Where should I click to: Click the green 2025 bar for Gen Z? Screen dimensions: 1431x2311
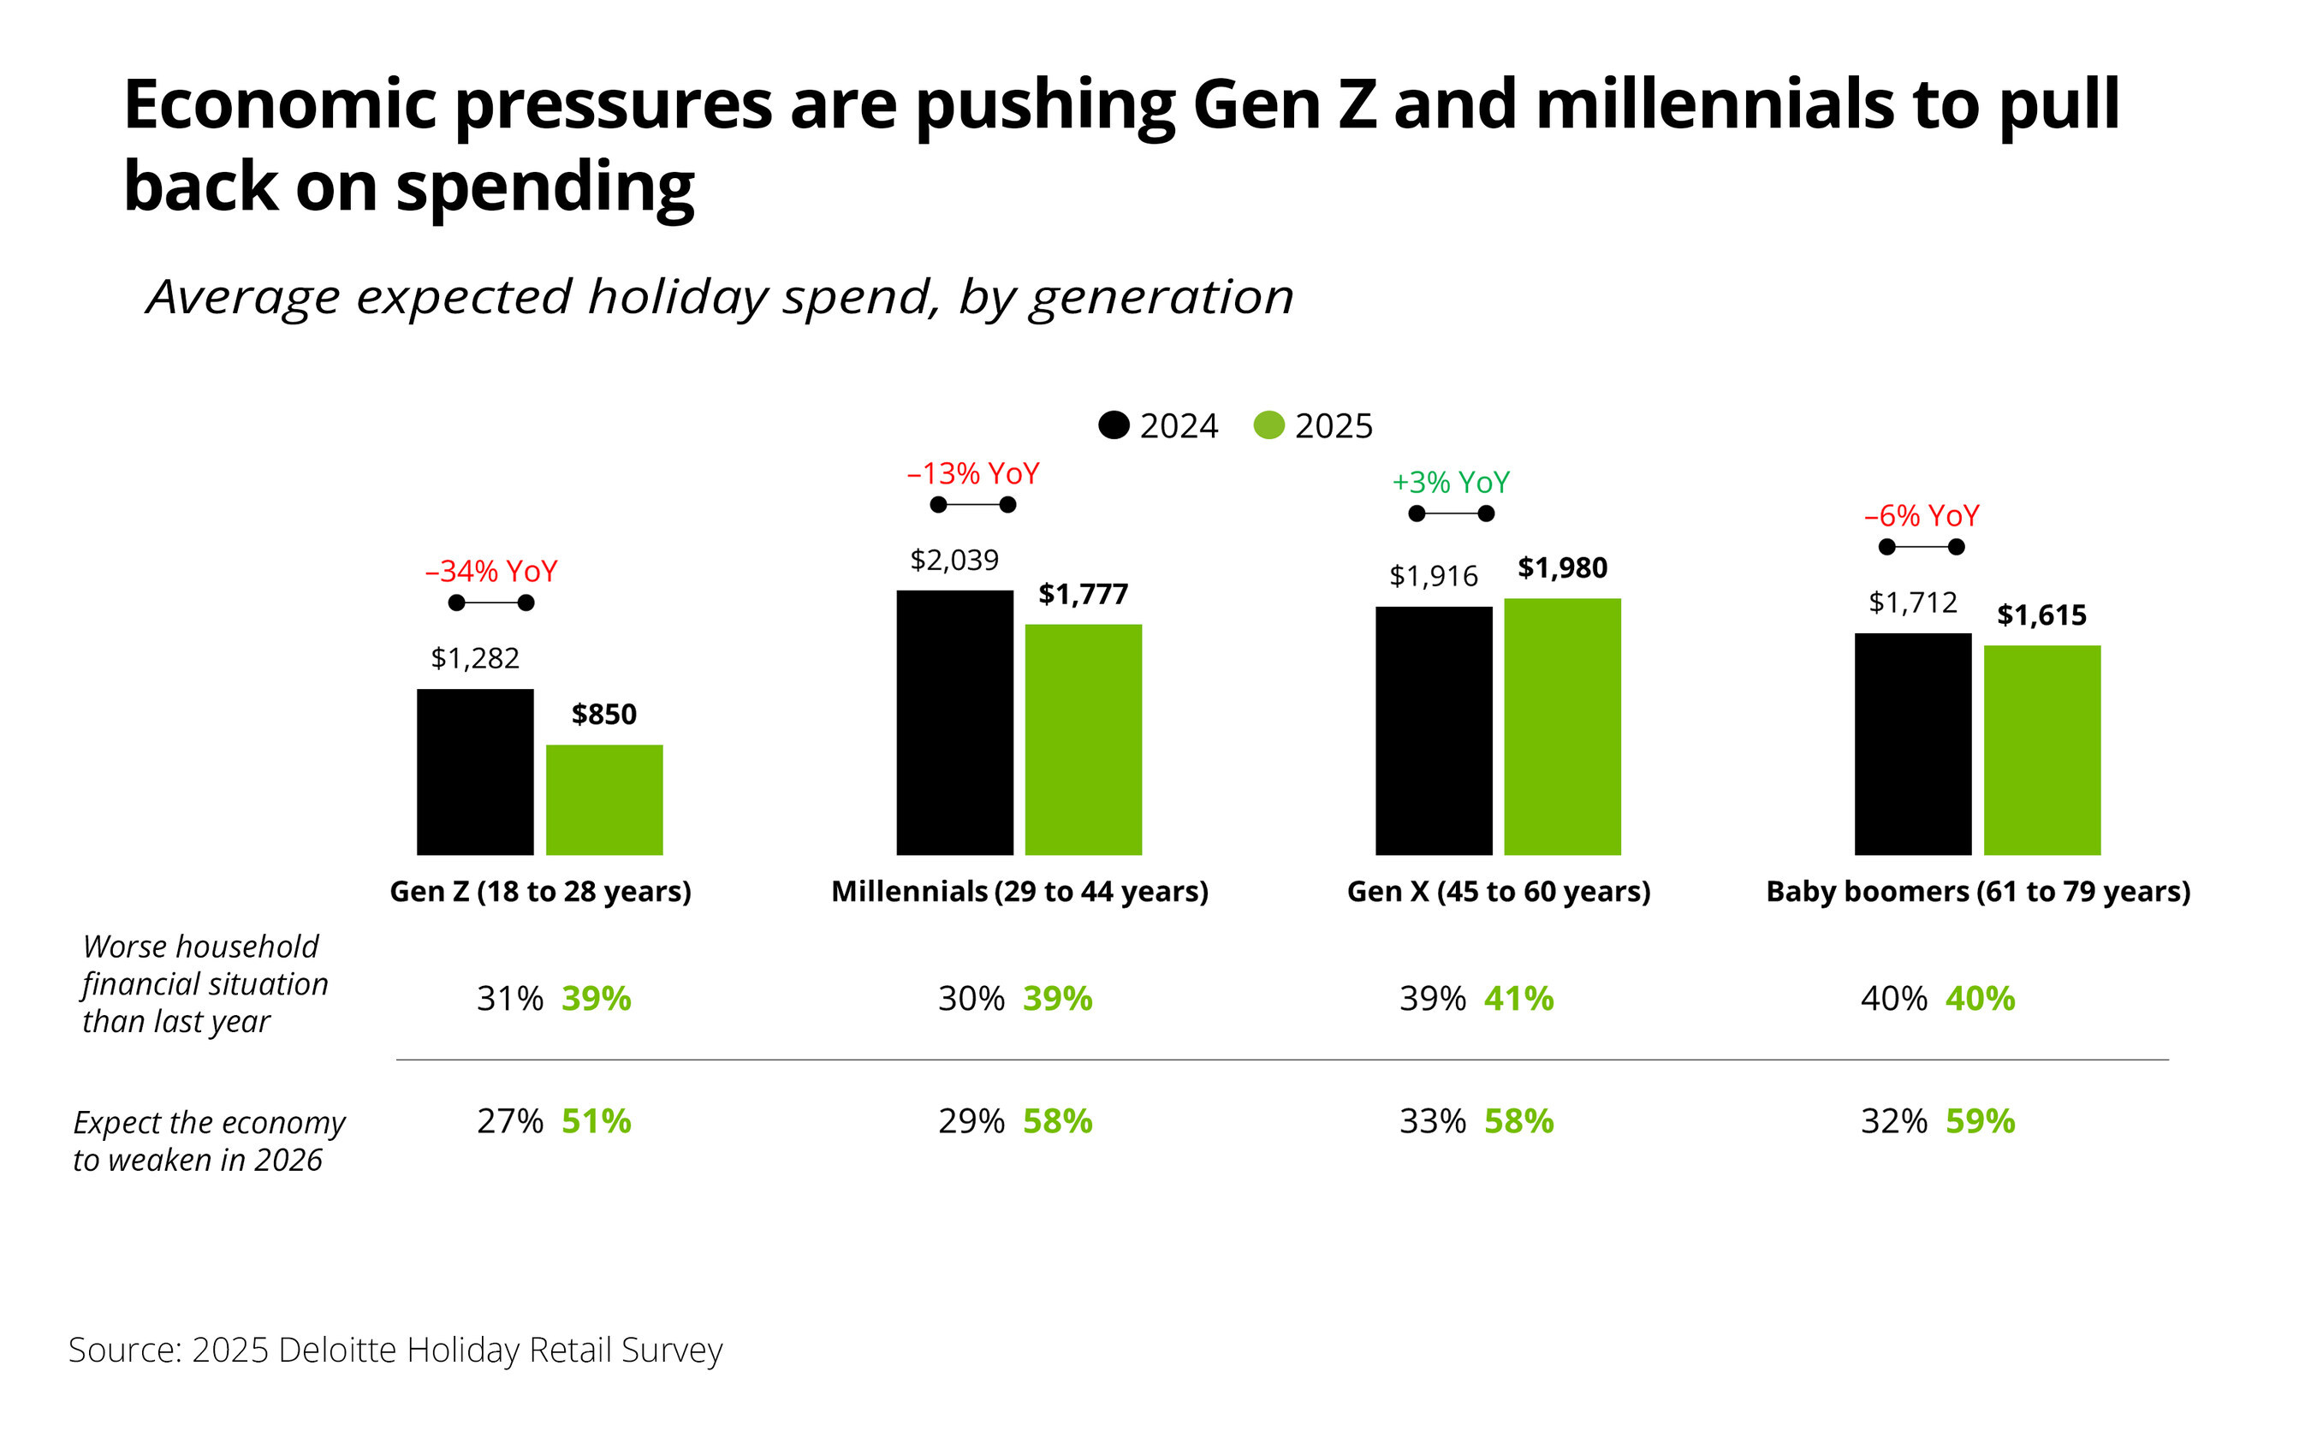pyautogui.click(x=603, y=799)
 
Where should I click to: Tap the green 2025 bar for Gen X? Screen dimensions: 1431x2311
pyautogui.click(x=1561, y=726)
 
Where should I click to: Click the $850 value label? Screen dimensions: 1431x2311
pyautogui.click(x=603, y=714)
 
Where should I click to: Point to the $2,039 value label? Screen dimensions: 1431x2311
pyautogui.click(x=954, y=560)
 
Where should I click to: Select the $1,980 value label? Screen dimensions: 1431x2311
pyautogui.click(x=1561, y=567)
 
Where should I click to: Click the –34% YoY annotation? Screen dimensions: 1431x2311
pyautogui.click(x=491, y=571)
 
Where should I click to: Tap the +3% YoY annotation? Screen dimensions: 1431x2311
pyautogui.click(x=1450, y=483)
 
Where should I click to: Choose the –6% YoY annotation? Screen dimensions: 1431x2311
pyautogui.click(x=1921, y=516)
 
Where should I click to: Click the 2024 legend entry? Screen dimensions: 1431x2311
pyautogui.click(x=1158, y=426)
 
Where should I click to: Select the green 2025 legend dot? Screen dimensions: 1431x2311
pyautogui.click(x=1268, y=425)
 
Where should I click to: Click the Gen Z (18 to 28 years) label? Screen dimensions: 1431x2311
pyautogui.click(x=540, y=892)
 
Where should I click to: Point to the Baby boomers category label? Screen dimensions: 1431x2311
pyautogui.click(x=1978, y=892)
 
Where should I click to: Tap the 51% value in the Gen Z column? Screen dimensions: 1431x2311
pyautogui.click(x=597, y=1120)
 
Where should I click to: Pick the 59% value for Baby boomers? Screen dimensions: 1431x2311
pyautogui.click(x=1980, y=1120)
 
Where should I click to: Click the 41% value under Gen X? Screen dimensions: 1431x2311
pyautogui.click(x=1518, y=999)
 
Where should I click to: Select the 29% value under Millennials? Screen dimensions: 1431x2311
pyautogui.click(x=971, y=1120)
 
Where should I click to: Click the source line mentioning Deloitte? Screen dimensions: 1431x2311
pyautogui.click(x=395, y=1350)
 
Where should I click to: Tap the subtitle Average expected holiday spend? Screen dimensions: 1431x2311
pyautogui.click(x=719, y=297)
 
